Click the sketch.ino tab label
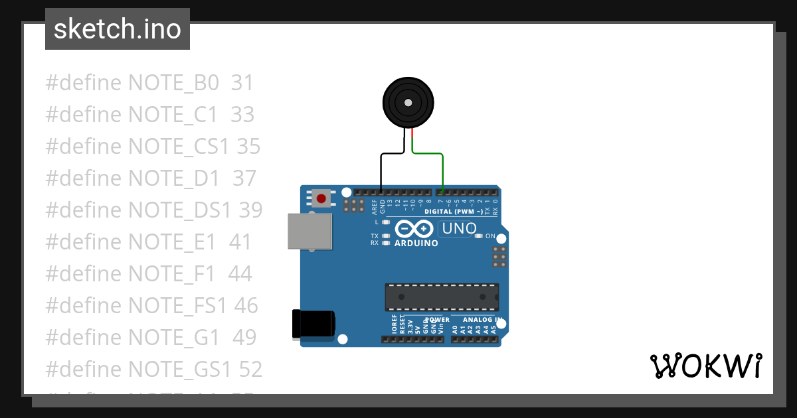[118, 29]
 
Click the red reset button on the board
[322, 198]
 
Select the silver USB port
[310, 231]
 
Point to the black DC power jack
[313, 324]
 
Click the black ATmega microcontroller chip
[442, 297]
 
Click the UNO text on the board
[458, 229]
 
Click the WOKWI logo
[705, 366]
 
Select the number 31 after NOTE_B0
[242, 83]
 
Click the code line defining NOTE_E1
[149, 242]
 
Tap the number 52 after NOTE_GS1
[250, 369]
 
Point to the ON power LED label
[490, 236]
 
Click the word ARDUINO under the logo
[416, 244]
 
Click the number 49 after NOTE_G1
[244, 337]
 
